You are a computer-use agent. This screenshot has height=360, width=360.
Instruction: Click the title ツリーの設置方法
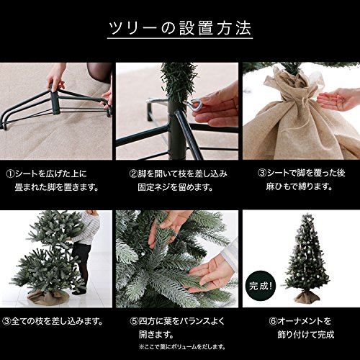(180, 28)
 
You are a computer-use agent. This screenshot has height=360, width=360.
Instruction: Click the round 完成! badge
(261, 286)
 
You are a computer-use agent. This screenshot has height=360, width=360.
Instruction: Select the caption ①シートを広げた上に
(46, 174)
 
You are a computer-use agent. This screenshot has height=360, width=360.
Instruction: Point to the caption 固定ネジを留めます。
(176, 187)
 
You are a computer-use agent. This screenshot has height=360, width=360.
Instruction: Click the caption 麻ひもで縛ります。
(299, 186)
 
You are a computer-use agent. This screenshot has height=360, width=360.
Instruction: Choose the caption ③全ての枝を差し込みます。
(53, 321)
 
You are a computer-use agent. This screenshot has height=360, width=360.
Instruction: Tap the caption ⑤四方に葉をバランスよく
(177, 321)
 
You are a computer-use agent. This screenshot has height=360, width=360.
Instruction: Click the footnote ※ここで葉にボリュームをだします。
(182, 347)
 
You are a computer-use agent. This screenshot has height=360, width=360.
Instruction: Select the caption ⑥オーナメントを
(300, 321)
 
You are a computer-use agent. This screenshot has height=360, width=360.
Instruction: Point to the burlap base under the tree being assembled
(48, 297)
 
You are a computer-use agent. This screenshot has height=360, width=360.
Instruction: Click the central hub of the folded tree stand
(55, 102)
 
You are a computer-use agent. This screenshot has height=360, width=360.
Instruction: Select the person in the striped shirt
(84, 252)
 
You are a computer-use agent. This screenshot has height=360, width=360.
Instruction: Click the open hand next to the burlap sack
(336, 99)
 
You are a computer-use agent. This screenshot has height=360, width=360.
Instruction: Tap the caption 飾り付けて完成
(306, 334)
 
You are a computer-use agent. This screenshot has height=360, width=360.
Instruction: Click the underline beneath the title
(180, 38)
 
